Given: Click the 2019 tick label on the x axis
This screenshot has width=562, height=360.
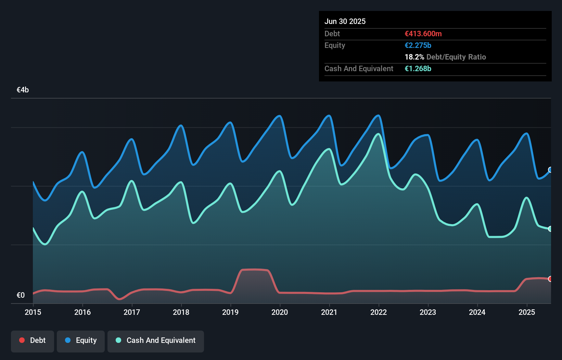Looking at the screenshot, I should pyautogui.click(x=230, y=312).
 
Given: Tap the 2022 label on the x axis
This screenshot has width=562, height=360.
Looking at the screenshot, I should pyautogui.click(x=379, y=312).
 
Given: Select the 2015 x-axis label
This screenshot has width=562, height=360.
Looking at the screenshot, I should pyautogui.click(x=33, y=312).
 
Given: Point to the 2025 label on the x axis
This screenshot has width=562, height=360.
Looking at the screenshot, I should pyautogui.click(x=526, y=312).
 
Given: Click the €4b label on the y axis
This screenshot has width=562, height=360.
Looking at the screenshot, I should pyautogui.click(x=23, y=90).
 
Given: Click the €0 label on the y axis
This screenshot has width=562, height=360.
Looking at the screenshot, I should pyautogui.click(x=21, y=295).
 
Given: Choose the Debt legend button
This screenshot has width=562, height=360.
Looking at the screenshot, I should pyautogui.click(x=33, y=340).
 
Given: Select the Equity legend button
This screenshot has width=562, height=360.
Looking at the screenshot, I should pyautogui.click(x=81, y=340).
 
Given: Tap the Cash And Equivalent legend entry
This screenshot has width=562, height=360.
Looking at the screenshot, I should pyautogui.click(x=156, y=340).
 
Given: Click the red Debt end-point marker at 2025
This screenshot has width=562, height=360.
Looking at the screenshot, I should pyautogui.click(x=550, y=279).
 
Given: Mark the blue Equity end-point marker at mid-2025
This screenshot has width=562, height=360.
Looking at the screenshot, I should pyautogui.click(x=550, y=170).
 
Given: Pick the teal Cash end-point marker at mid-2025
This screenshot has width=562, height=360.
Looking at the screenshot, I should pyautogui.click(x=550, y=229).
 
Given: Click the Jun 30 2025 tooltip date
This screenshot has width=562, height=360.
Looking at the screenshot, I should pyautogui.click(x=345, y=21).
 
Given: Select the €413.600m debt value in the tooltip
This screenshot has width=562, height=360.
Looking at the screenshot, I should pyautogui.click(x=423, y=34).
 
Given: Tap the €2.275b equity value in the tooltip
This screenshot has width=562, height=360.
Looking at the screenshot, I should pyautogui.click(x=418, y=45).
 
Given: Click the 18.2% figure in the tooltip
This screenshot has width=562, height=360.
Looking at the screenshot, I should pyautogui.click(x=414, y=57).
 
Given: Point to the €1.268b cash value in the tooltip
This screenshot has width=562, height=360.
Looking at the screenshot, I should pyautogui.click(x=418, y=68).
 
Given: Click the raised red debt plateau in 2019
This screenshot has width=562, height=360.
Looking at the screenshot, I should pyautogui.click(x=255, y=270).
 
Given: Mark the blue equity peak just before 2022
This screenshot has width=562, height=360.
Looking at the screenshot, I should pyautogui.click(x=378, y=116).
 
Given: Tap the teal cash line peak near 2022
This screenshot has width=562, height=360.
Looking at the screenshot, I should pyautogui.click(x=378, y=134).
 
